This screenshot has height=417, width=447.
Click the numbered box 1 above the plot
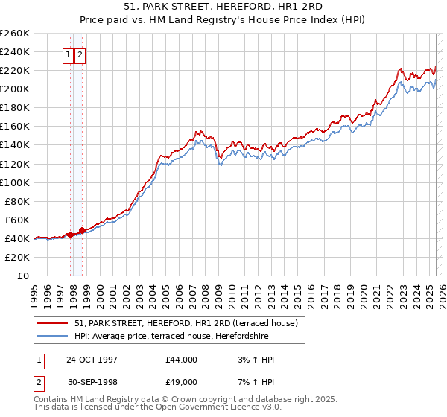pyautogui.click(x=68, y=54)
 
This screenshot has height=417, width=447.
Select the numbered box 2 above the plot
pyautogui.click(x=80, y=54)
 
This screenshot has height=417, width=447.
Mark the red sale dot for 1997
pyautogui.click(x=71, y=235)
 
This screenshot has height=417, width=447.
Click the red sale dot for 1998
pyautogui.click(x=83, y=229)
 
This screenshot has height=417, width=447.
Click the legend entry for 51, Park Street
pyautogui.click(x=186, y=323)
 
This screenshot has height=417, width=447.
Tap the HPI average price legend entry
pyautogui.click(x=171, y=337)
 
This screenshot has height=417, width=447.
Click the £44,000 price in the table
pyautogui.click(x=181, y=360)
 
